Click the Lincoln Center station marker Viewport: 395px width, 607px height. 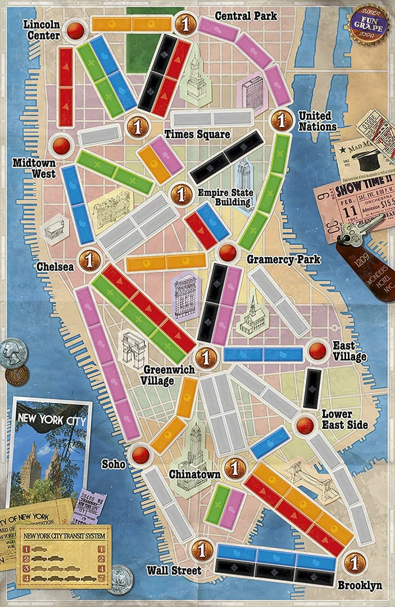tap(75, 30)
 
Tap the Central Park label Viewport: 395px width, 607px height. tap(246, 16)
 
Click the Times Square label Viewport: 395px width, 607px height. tap(197, 134)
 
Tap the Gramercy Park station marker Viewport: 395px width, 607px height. tap(228, 253)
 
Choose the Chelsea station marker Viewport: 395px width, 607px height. tap(89, 260)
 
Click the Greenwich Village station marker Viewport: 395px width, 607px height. tap(206, 356)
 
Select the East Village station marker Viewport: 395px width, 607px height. tap(318, 350)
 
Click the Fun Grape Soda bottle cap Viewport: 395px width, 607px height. tap(368, 22)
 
